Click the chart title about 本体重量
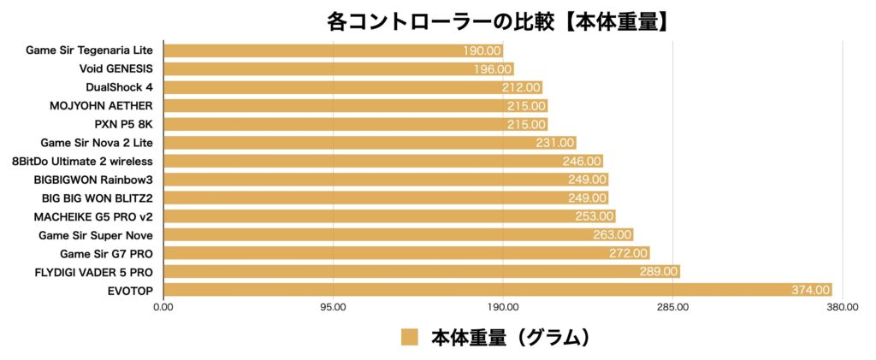point(497,21)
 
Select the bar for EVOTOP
point(496,290)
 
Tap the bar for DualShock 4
point(352,87)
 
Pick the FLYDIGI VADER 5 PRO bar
point(420,271)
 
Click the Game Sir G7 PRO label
point(106,253)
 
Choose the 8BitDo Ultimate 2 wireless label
point(83,161)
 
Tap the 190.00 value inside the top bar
point(482,50)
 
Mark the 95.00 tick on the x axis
point(333,308)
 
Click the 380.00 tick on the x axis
point(842,308)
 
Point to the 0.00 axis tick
point(163,308)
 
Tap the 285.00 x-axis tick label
point(672,308)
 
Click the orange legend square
point(410,338)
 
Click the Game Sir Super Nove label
point(96,234)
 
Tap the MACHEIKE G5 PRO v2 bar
point(388,216)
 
